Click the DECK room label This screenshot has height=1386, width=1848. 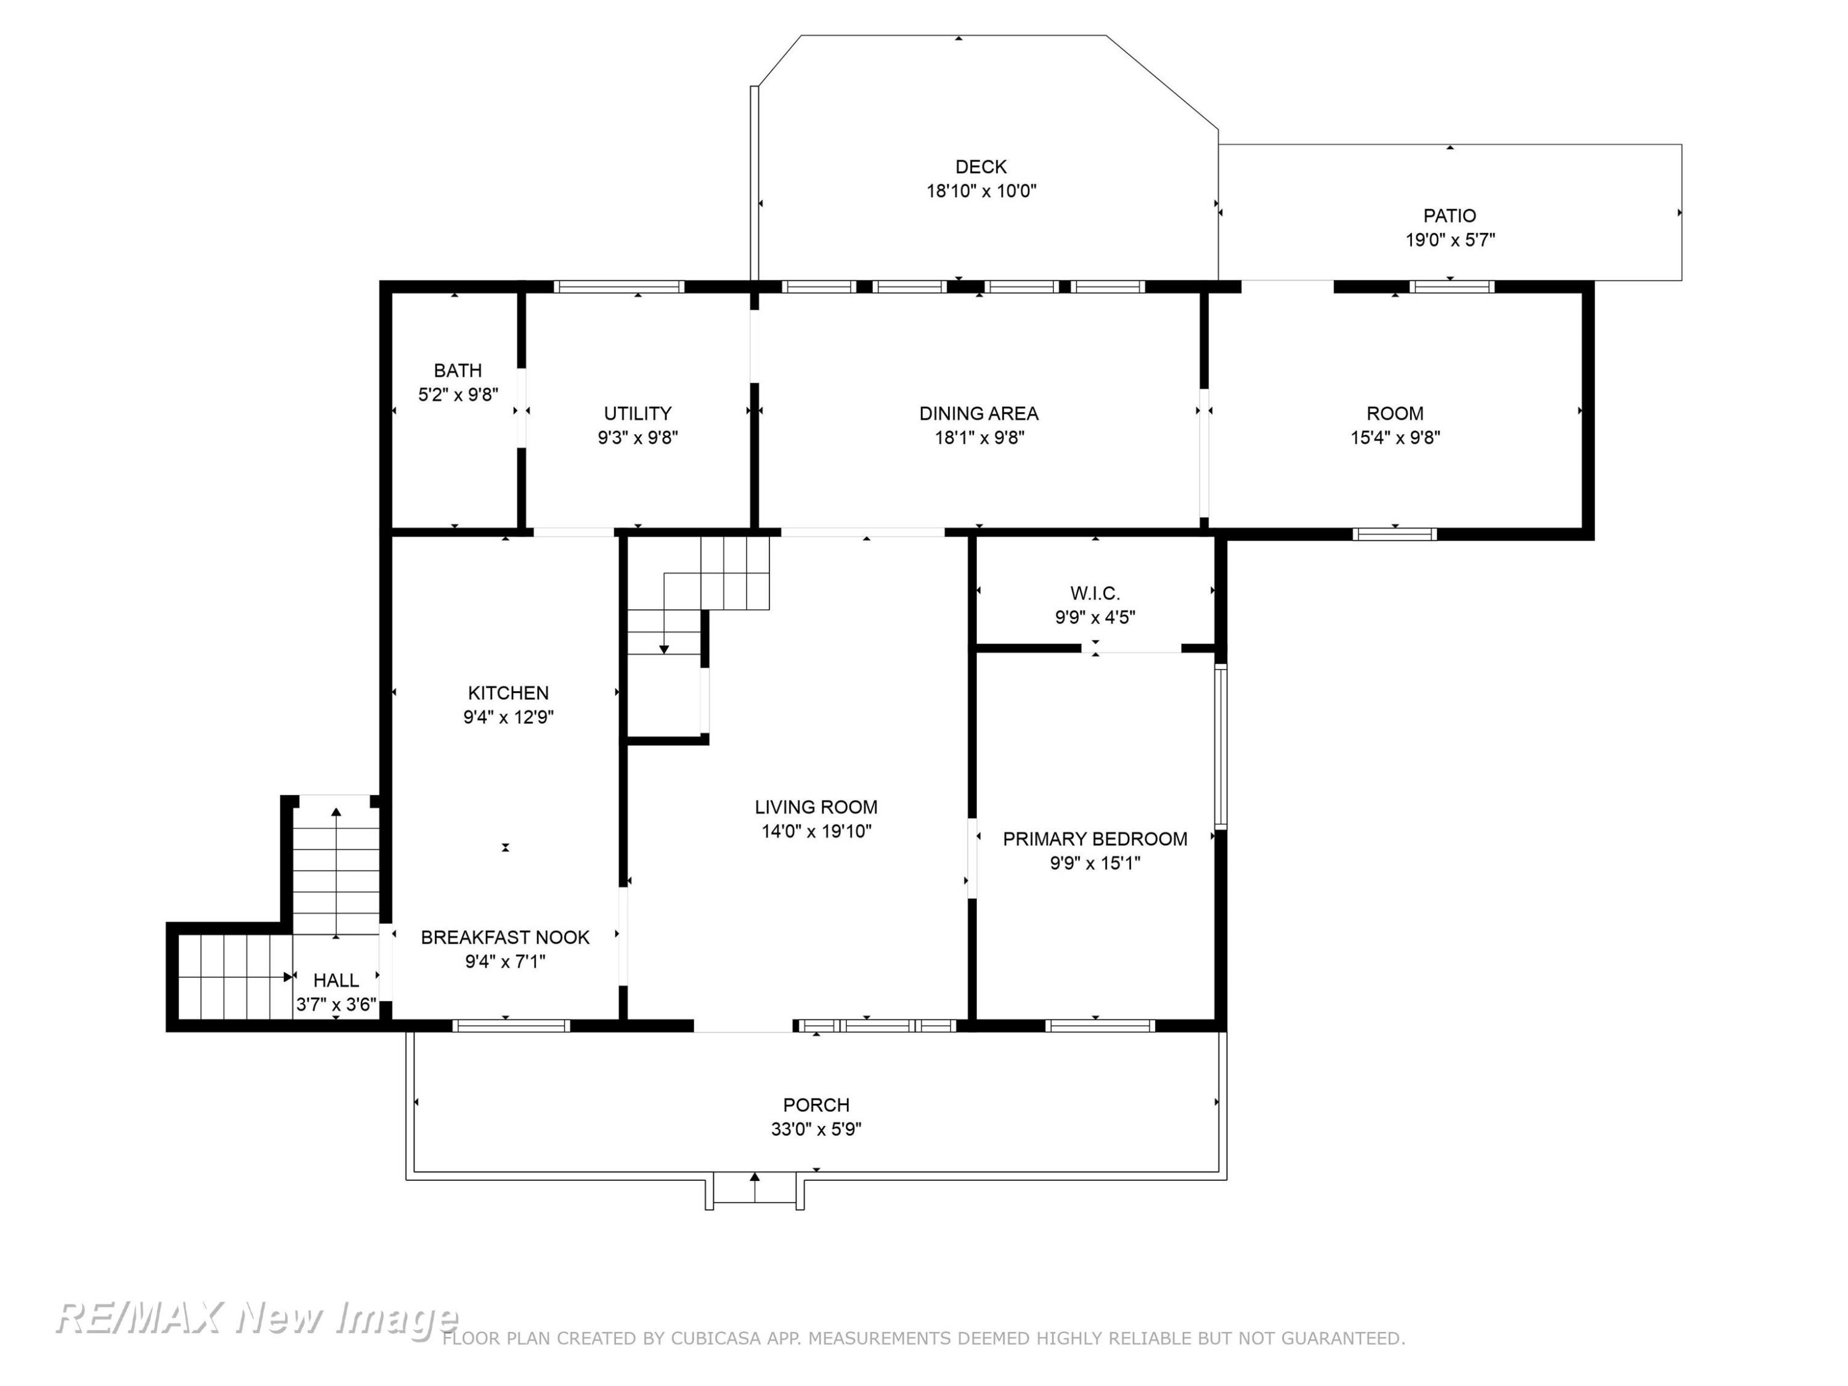coord(981,167)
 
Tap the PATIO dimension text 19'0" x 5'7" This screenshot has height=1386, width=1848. coord(1449,240)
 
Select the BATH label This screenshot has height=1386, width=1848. coord(458,370)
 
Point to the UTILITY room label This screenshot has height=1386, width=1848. coord(638,413)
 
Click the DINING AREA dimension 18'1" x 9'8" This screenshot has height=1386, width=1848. coord(979,437)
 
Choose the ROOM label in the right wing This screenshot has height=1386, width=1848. coord(1395,413)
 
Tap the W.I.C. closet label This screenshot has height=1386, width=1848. coord(1095,593)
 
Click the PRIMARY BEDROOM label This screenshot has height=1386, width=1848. coord(1095,839)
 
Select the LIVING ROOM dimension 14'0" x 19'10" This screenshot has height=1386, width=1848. coord(816,831)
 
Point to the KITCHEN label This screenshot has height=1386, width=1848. coord(508,692)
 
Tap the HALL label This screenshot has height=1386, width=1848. coord(336,980)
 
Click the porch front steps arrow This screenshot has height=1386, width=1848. coord(755,1187)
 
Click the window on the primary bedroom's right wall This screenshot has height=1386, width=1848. coord(1220,746)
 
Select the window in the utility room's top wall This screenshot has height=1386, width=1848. coord(619,286)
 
